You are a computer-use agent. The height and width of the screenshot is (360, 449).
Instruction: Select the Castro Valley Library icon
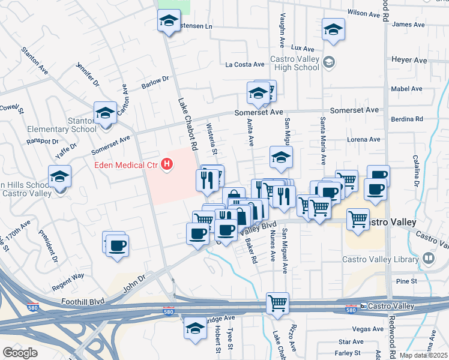429,259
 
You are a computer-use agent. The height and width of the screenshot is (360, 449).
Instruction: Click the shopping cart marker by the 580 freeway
277,303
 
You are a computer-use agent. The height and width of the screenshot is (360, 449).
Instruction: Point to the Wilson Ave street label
365,12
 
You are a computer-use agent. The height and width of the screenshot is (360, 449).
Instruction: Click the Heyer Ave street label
409,61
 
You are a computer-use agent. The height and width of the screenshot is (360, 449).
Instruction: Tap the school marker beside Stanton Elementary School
104,113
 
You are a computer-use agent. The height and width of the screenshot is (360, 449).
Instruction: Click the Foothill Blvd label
82,301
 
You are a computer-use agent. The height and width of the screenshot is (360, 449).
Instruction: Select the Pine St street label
406,281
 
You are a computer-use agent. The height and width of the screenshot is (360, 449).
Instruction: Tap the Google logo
20,352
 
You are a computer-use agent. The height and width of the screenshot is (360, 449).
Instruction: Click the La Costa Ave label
245,65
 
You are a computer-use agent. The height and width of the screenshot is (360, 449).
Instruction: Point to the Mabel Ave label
407,89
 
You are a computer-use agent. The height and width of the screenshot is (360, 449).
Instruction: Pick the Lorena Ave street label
366,139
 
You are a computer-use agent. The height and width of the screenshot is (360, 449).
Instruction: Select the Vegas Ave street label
369,329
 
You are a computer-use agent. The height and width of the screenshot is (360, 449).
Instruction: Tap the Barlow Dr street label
155,81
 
